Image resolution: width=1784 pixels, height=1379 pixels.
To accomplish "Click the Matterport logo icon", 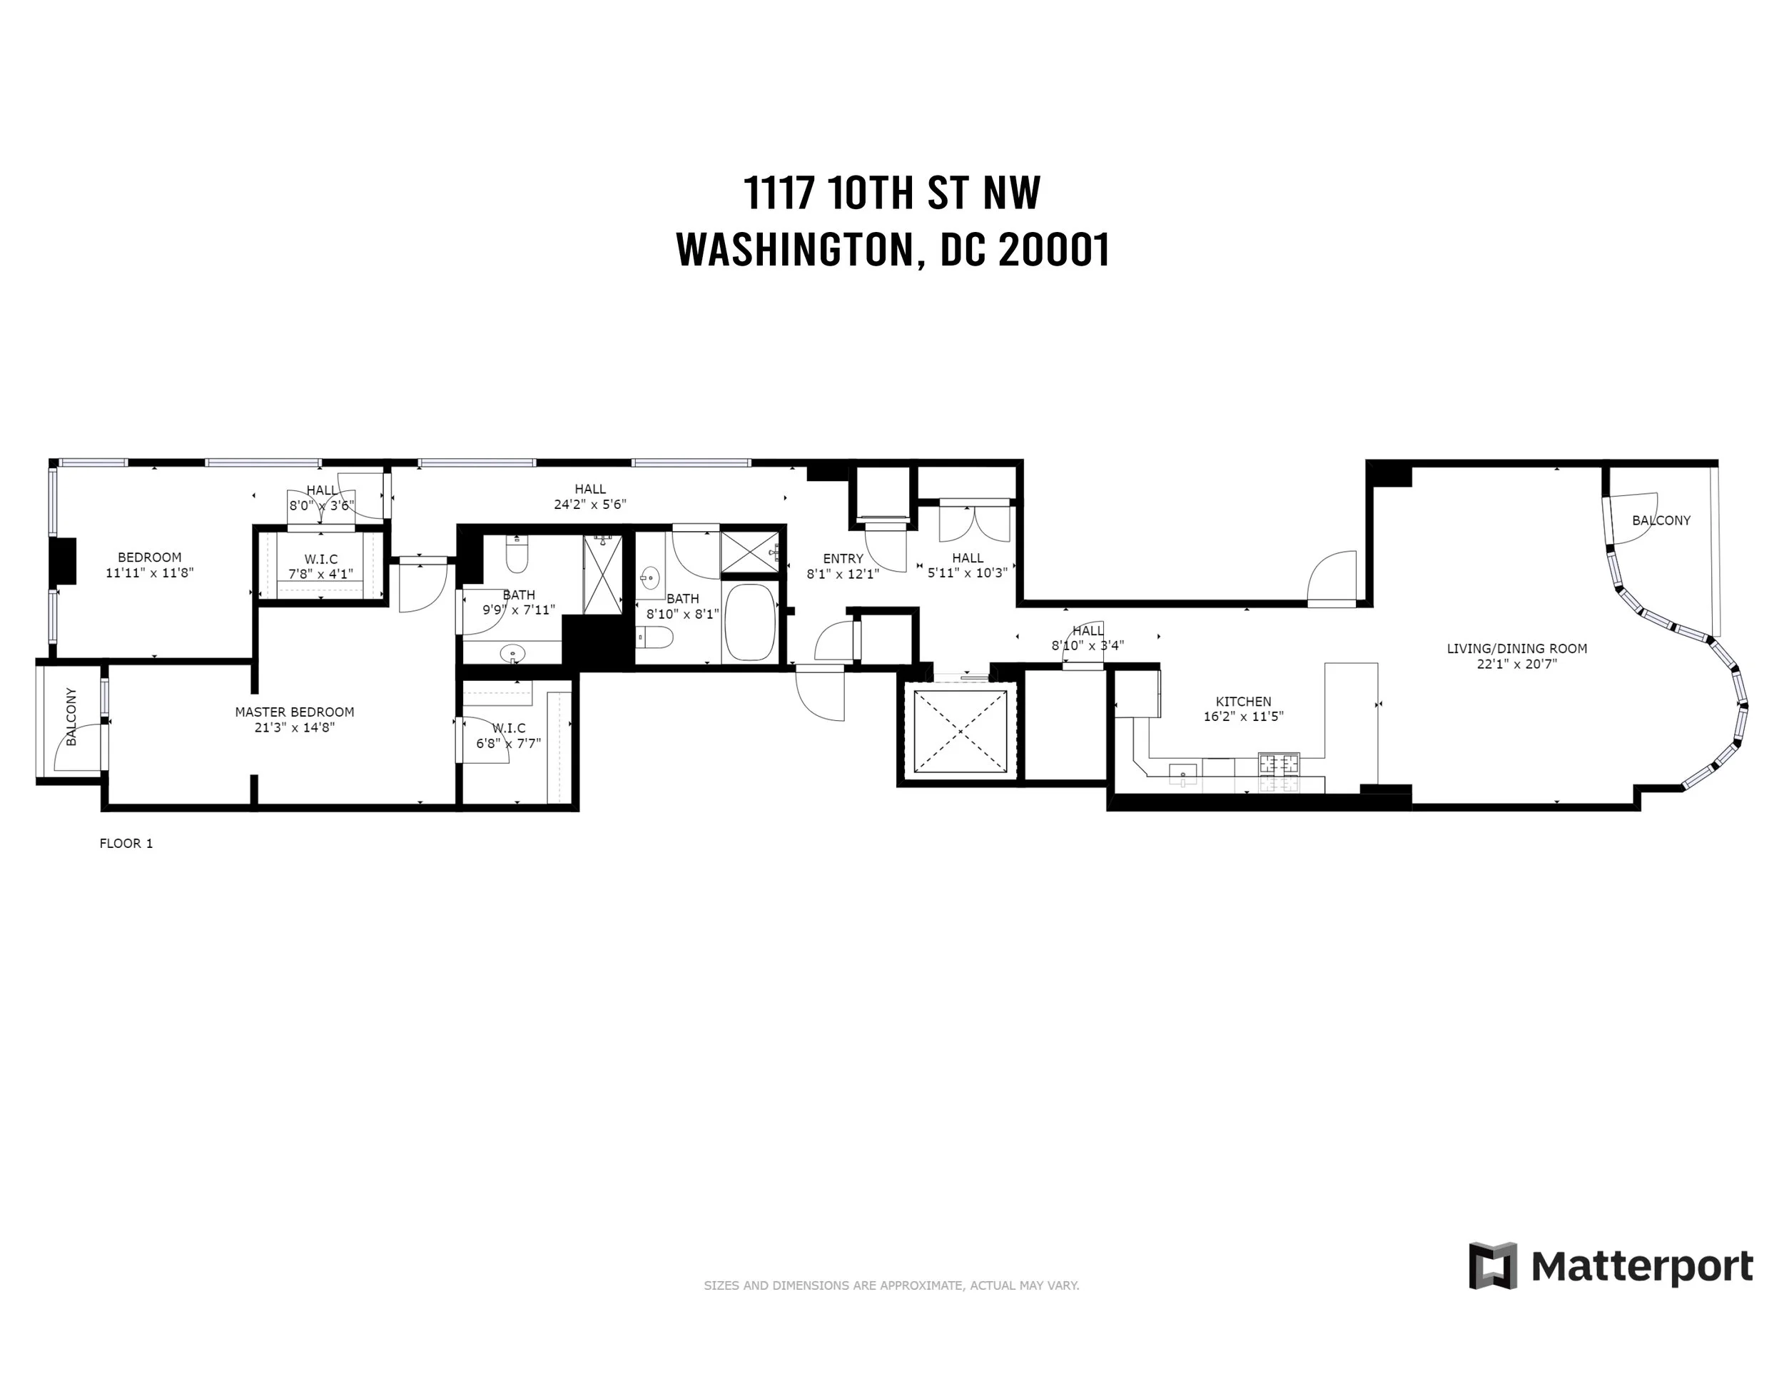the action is [x=1492, y=1289].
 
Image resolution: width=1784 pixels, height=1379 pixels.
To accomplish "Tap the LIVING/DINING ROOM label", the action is [x=1517, y=649].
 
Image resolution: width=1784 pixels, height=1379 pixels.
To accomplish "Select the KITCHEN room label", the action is [x=1243, y=702].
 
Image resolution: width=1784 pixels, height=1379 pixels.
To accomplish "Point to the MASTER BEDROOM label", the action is [x=294, y=712].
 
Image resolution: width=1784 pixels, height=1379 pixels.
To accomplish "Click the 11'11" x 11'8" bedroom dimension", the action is [x=149, y=573].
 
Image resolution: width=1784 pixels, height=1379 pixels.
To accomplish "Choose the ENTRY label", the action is [x=843, y=559].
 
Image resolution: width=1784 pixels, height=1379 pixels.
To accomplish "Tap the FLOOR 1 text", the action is [x=126, y=844].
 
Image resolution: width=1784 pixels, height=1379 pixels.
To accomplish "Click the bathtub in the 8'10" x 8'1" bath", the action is [x=750, y=622].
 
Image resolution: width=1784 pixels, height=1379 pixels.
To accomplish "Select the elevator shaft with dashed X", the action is [x=960, y=730].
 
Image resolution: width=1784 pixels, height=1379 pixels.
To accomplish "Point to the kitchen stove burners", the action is [x=1278, y=764].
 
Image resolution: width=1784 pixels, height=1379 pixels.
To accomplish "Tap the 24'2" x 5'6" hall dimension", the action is [x=589, y=505].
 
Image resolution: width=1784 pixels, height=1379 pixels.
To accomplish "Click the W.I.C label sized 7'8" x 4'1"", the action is [x=321, y=559].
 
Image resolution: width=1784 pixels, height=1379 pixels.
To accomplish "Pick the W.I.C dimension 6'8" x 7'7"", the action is [x=509, y=744].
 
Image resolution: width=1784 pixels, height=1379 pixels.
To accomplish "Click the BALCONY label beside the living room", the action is [x=1661, y=520].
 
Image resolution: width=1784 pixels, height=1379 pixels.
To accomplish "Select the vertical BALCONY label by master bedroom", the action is [x=71, y=717].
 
